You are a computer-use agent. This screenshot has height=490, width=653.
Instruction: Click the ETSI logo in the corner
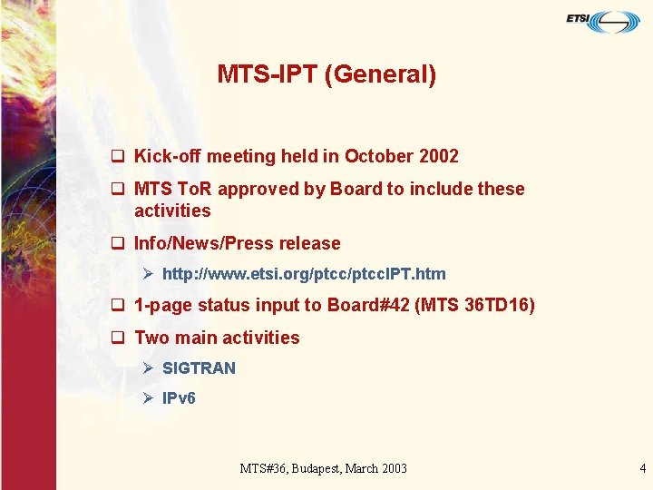coord(603,21)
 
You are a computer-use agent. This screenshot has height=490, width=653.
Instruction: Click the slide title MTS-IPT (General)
coord(326,74)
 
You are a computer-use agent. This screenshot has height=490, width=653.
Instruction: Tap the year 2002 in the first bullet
coord(439,156)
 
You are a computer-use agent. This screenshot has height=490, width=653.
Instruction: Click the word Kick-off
coord(168,156)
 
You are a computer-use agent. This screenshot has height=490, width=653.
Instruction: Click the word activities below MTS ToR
coord(172,211)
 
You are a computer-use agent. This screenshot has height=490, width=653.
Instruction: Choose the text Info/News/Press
coord(204,243)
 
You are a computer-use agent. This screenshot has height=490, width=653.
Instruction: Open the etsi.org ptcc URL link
coord(304,273)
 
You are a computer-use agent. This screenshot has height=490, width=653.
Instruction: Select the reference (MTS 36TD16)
coord(474,305)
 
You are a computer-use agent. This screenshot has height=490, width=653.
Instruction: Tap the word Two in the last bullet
coord(151,338)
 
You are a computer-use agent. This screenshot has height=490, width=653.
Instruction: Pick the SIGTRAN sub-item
coord(199,367)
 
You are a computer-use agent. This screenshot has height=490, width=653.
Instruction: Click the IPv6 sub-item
coord(179,397)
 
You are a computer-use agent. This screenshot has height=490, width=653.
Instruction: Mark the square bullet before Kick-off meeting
coord(117,156)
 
